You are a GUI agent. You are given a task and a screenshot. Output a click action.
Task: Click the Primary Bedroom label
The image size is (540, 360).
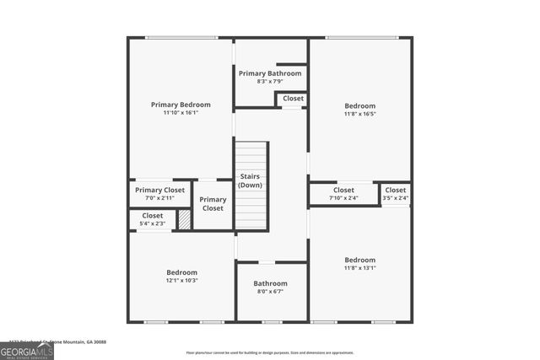coord(181,105)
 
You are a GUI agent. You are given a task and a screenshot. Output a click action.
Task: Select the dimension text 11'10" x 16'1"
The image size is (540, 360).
coord(181,113)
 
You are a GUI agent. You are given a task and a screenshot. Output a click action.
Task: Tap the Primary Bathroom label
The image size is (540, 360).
coord(270,73)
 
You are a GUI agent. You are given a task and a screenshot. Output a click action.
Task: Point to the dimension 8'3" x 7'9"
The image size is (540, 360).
coord(270,82)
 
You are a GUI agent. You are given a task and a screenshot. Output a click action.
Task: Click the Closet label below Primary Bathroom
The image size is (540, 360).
coord(293,99)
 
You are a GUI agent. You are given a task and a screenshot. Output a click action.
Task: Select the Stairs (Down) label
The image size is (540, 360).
coord(250,180)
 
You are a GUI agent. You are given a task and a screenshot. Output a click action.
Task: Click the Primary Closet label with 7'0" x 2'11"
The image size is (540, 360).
coord(159,190)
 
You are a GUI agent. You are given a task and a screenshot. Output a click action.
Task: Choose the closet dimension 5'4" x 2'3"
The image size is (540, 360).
coord(152,223)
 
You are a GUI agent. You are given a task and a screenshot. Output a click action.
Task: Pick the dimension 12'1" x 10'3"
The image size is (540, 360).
coord(181,281)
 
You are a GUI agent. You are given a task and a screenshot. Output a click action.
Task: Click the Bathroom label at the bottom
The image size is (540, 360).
coord(271,283)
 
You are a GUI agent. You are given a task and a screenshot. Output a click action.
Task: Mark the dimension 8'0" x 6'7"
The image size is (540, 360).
coord(271,292)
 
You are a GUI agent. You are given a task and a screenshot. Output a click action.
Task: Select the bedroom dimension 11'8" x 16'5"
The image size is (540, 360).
coord(360,114)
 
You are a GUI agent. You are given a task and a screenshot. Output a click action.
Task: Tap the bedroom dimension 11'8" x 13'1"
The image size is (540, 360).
coord(360,268)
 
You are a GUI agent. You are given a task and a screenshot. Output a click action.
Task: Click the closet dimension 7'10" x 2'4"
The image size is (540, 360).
coord(343,198)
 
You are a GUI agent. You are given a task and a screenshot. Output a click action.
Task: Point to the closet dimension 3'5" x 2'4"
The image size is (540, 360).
coord(396,198)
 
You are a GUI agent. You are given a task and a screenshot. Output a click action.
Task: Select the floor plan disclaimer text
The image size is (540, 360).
coord(270,351)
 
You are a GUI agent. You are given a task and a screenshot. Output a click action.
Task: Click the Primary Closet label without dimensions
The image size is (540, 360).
coord(213,204)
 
